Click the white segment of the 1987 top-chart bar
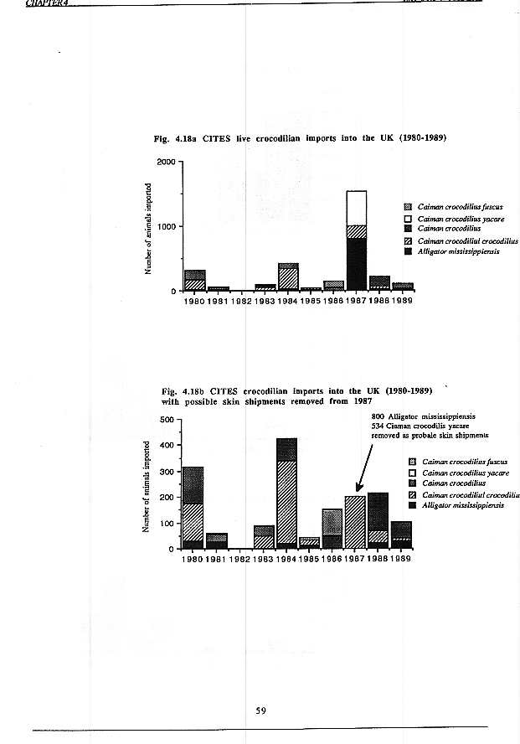pos(356,208)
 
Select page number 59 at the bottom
pos(260,710)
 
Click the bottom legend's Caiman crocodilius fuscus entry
pos(464,462)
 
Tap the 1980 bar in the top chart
pos(195,280)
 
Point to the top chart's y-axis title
pos(147,228)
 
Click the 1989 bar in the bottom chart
pos(401,535)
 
